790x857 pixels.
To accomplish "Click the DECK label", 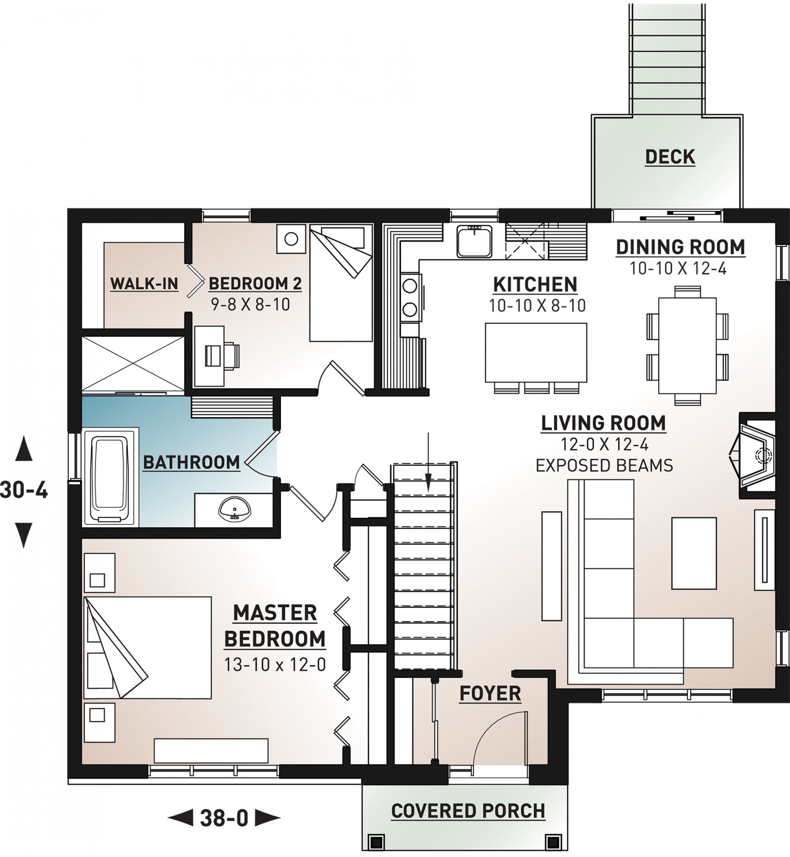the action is tap(670, 157).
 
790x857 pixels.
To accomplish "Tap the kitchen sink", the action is tap(474, 241).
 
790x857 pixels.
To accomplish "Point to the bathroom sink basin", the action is tap(235, 508).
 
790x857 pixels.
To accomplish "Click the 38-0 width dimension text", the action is tap(224, 818).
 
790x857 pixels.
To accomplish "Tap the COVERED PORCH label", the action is tap(468, 811).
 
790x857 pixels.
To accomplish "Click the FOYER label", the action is tap(490, 693).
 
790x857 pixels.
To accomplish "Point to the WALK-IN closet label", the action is tap(144, 283).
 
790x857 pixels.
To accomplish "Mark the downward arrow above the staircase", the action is tap(428, 463).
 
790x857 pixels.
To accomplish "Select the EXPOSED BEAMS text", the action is tap(604, 466).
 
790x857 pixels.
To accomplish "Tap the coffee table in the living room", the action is tap(694, 553).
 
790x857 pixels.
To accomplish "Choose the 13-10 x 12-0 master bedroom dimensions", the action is tap(275, 664).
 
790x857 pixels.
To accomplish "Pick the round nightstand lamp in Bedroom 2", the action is tap(291, 239).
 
